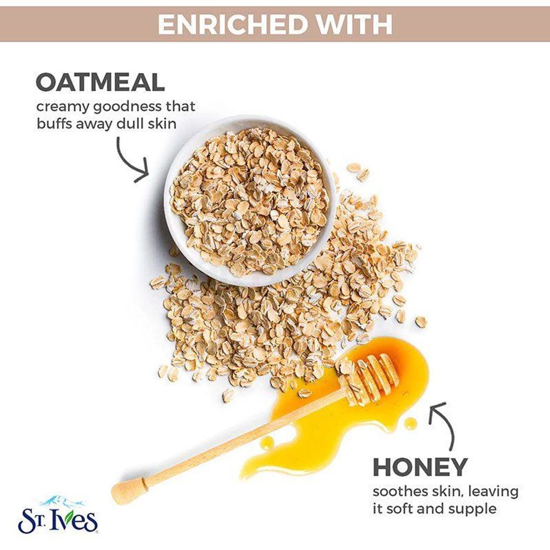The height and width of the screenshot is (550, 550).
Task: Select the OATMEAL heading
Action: click(100, 82)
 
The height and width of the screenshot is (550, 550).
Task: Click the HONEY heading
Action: click(420, 467)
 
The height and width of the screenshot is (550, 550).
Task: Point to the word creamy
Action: click(62, 106)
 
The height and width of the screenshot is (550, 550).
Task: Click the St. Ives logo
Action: click(57, 520)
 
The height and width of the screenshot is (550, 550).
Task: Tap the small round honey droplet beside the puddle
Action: click(410, 423)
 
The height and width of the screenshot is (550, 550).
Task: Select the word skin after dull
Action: click(163, 123)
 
